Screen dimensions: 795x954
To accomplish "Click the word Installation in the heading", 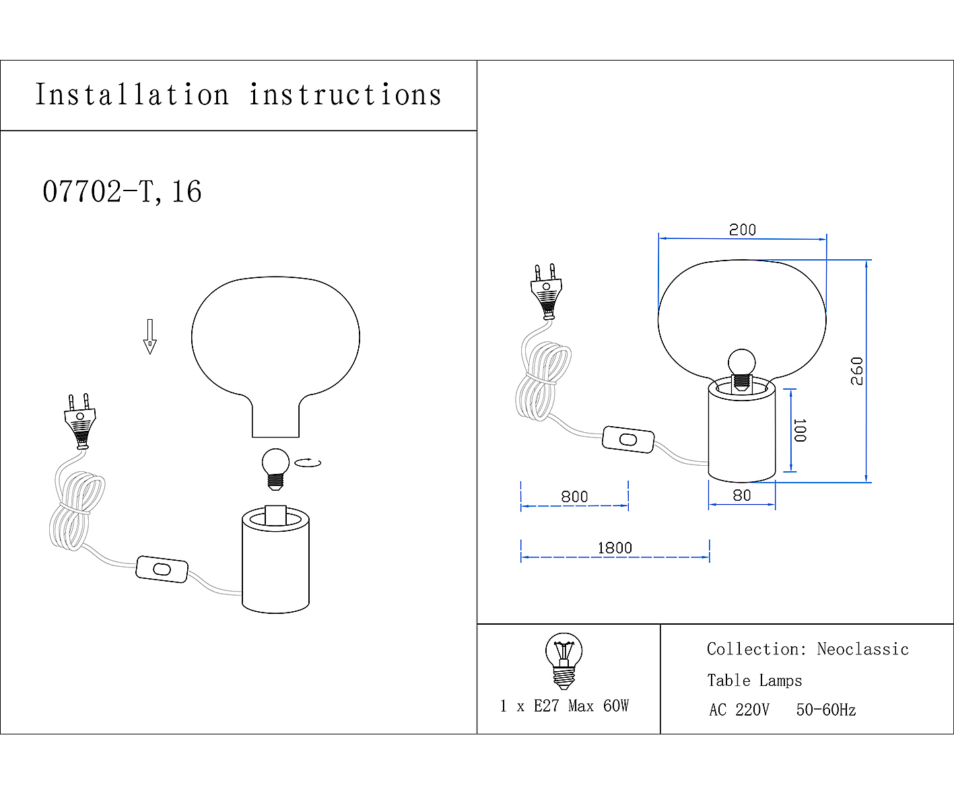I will click(x=132, y=95).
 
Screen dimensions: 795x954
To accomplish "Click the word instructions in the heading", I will click(x=345, y=95).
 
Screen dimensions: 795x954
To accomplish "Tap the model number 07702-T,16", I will click(x=122, y=192).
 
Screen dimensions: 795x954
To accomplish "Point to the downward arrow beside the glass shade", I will click(x=150, y=337).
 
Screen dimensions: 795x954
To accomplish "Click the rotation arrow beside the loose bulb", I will click(x=308, y=462).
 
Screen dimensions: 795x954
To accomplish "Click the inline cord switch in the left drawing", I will click(x=162, y=569).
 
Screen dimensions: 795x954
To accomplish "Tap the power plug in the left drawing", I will click(x=80, y=422).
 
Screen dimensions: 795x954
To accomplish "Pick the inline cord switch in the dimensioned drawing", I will click(x=628, y=440).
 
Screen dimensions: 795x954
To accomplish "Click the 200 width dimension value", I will click(x=743, y=230).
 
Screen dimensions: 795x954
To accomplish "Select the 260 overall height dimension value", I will click(x=856, y=371).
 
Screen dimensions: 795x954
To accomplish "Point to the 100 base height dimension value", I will click(x=799, y=431).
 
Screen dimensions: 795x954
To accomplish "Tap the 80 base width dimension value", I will click(x=742, y=495).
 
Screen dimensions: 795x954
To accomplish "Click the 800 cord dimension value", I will click(x=574, y=497).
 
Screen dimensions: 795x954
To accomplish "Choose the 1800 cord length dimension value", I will click(x=615, y=548).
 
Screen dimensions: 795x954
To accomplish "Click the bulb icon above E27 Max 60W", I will click(x=564, y=660).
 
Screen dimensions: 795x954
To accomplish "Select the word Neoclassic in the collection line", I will click(x=862, y=649).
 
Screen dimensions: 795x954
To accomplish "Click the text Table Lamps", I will click(x=754, y=681).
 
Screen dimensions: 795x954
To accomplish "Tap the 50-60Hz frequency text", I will click(x=825, y=710).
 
